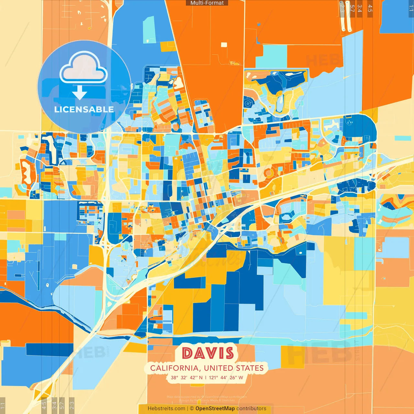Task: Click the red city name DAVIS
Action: coord(208,353)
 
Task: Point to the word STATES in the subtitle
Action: coord(250,368)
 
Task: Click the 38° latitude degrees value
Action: coord(174,377)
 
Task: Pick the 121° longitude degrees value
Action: coord(213,377)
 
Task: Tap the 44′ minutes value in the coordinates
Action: coord(224,377)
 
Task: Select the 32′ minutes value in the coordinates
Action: coord(184,377)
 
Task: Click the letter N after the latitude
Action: coord(201,377)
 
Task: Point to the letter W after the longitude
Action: coord(241,377)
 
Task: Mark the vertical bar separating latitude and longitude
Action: coord(205,377)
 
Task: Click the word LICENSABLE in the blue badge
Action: coord(84,109)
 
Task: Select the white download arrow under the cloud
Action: coord(80,93)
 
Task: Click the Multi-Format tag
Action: coord(207,3)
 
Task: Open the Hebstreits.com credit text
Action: coord(166,409)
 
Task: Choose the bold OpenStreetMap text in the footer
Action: coord(215,409)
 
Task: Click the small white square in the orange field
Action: coord(224,45)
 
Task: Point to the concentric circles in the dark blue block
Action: coord(248,103)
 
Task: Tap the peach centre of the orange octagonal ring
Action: coord(268,173)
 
